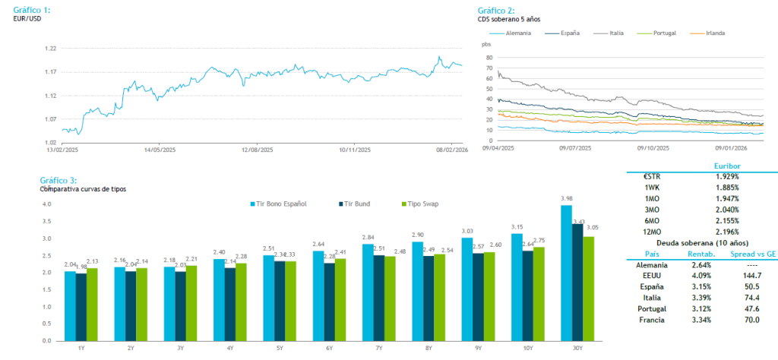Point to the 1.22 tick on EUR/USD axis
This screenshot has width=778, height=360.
tap(52, 49)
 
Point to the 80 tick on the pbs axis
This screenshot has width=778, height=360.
tap(488, 57)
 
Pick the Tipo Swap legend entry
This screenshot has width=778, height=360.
tap(422, 204)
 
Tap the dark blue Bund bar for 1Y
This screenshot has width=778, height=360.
tap(81, 305)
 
